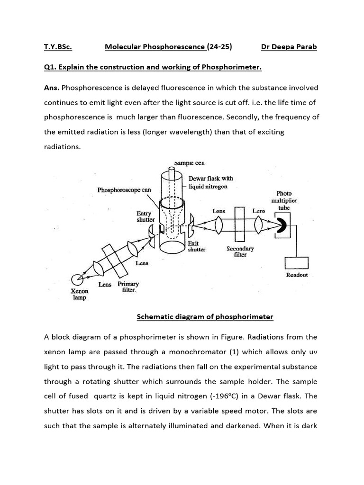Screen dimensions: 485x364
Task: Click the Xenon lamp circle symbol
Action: pyautogui.click(x=76, y=279)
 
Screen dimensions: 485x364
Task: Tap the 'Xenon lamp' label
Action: pyautogui.click(x=80, y=295)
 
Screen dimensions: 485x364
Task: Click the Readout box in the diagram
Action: pyautogui.click(x=297, y=263)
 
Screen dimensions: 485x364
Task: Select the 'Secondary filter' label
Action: pyautogui.click(x=240, y=251)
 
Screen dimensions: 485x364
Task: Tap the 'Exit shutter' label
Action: pyautogui.click(x=196, y=246)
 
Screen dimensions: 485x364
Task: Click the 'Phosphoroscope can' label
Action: pyautogui.click(x=124, y=190)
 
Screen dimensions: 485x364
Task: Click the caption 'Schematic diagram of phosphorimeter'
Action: pyautogui.click(x=205, y=316)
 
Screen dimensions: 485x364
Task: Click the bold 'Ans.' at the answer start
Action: pyautogui.click(x=52, y=88)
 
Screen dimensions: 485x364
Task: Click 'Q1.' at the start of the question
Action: pyautogui.click(x=51, y=67)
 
